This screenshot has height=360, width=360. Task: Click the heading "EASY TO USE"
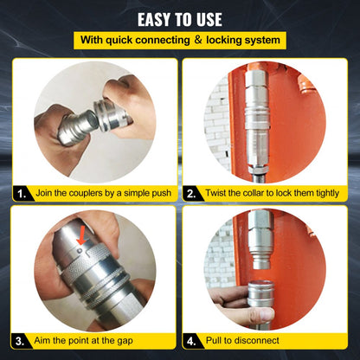[x=180, y=18]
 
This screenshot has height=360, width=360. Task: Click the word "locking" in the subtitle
[x=232, y=40]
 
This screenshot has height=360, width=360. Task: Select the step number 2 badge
[x=191, y=195]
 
